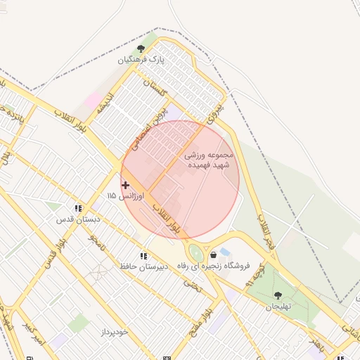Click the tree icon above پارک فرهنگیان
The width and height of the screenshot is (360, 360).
pos(141,49)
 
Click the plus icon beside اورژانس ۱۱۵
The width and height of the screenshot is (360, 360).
pos(125,185)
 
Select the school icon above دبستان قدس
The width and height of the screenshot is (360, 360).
pos(78,208)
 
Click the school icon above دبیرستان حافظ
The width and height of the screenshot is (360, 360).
pos(143,256)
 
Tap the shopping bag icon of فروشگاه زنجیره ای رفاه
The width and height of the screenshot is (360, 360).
pos(213,255)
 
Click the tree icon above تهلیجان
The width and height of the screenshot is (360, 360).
pos(278,296)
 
